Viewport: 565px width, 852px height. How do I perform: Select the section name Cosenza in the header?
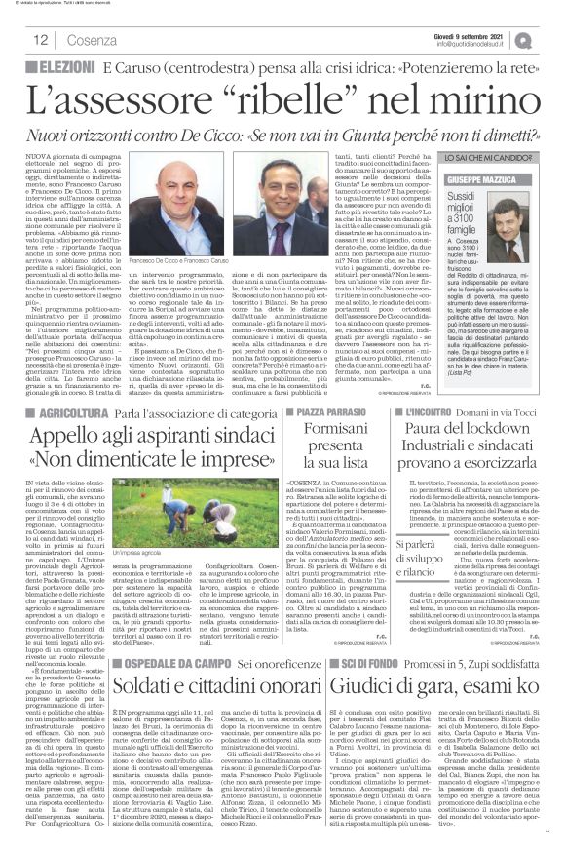[69, 40]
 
